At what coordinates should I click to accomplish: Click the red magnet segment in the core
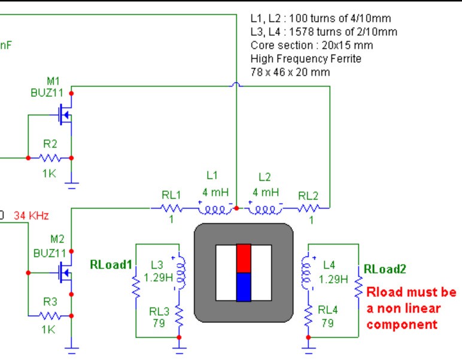tap(244, 258)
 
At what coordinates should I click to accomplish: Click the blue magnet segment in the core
tap(244, 287)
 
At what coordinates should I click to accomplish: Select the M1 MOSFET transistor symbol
tap(65, 115)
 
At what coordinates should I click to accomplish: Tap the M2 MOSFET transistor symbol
tap(65, 273)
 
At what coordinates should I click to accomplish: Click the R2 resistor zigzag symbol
tap(50, 158)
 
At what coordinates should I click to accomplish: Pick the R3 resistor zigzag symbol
tap(50, 316)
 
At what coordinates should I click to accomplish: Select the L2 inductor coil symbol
tap(266, 209)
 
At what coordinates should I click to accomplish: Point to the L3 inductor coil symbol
tap(180, 273)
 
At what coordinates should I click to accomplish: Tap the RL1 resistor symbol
tap(171, 209)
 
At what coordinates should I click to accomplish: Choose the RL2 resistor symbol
tap(308, 209)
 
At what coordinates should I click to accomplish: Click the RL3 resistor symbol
tap(179, 316)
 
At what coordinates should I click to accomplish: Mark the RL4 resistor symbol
tap(308, 316)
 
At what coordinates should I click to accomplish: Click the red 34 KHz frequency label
tap(31, 216)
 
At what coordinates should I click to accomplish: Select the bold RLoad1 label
tap(111, 264)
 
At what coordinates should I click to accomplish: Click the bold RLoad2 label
tap(385, 269)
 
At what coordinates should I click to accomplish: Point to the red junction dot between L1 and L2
tap(236, 208)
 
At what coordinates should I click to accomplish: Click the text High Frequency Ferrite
tap(306, 59)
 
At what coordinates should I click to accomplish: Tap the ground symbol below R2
tap(72, 185)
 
